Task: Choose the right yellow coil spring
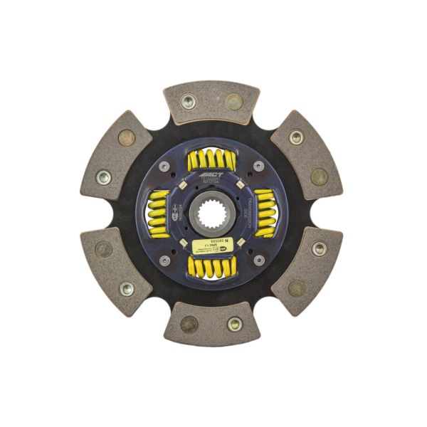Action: pos(265,212)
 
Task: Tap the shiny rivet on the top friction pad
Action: pos(189,102)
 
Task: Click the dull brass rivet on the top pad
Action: pos(233,101)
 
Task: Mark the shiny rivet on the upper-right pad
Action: pos(296,137)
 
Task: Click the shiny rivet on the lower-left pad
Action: pos(127,289)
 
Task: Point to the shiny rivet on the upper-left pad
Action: pos(105,176)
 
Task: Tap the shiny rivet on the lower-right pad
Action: pos(319,248)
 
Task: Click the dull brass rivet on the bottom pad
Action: pos(189,325)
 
